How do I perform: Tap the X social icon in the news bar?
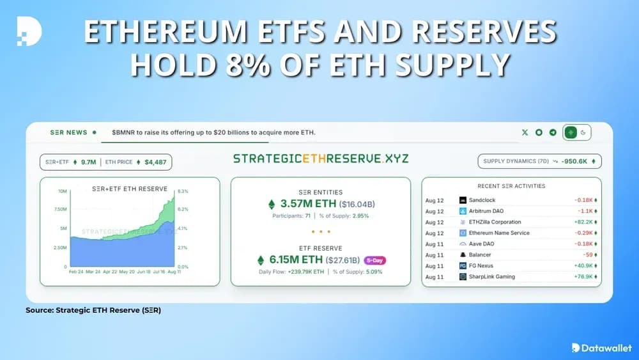(x=525, y=132)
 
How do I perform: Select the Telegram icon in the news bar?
(x=552, y=132)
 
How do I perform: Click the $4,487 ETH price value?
(x=155, y=162)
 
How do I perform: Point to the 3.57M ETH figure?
(x=303, y=205)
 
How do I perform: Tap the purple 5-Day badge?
(x=375, y=260)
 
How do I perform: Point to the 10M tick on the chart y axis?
(x=62, y=191)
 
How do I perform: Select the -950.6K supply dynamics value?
(x=575, y=160)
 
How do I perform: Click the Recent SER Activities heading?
(x=511, y=186)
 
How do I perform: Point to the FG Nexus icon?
(x=463, y=265)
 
